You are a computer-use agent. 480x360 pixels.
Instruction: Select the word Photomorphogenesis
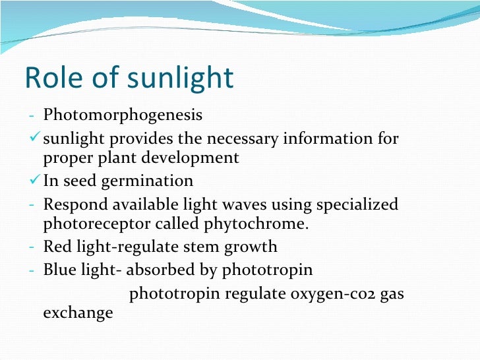[123, 115]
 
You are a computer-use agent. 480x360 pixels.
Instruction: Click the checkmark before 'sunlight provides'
[36, 138]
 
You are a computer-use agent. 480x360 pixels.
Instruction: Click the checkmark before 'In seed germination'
[36, 181]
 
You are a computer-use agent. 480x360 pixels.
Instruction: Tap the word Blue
[59, 270]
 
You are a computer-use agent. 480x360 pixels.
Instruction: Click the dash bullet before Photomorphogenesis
[32, 116]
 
